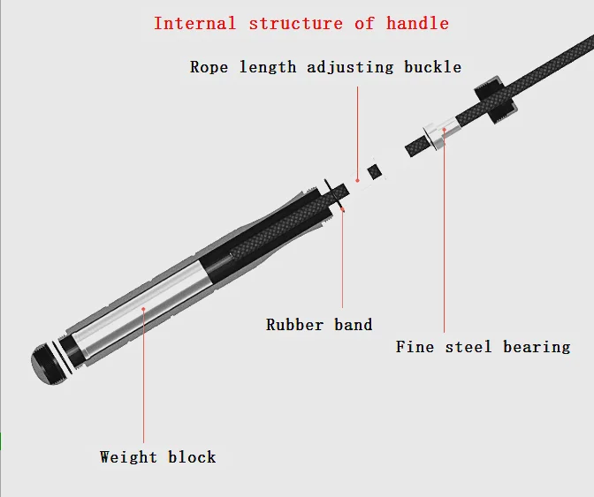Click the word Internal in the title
[194, 23]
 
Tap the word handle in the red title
[417, 23]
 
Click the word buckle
[433, 67]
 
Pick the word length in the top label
[265, 67]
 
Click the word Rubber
[295, 325]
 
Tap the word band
[353, 325]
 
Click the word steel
[468, 347]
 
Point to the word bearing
[537, 347]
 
